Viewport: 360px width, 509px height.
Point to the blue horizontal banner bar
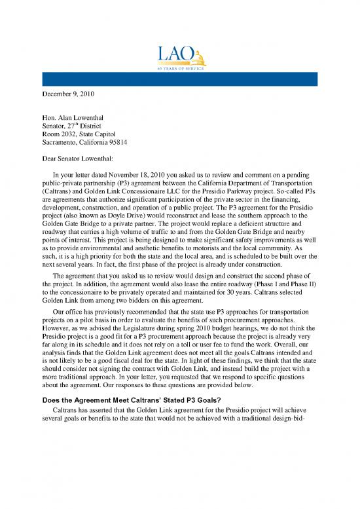[x=179, y=80]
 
